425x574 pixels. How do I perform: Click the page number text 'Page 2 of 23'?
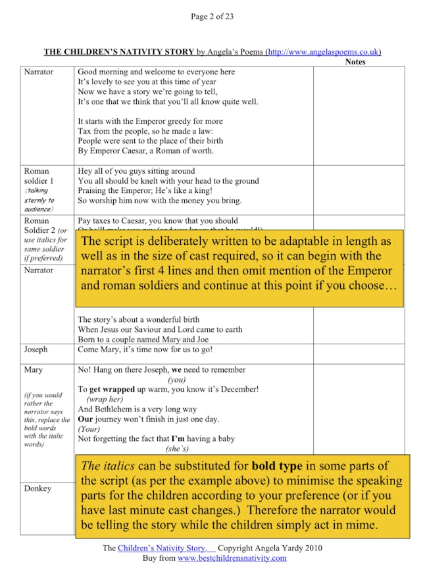[212, 16]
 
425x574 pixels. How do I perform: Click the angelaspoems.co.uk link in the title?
[323, 52]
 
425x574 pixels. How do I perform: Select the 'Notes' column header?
[355, 62]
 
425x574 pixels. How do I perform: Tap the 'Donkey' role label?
[37, 488]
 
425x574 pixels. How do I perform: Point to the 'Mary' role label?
[34, 370]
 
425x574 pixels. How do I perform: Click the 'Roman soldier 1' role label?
[39, 175]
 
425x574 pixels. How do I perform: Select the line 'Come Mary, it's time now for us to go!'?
[145, 350]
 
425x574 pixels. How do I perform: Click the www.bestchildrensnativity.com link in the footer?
[232, 558]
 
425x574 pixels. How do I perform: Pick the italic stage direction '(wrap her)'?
[105, 399]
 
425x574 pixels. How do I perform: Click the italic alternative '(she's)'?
[178, 448]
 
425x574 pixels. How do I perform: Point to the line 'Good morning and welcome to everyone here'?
[156, 72]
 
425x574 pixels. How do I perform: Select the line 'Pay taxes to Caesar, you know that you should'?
[158, 221]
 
